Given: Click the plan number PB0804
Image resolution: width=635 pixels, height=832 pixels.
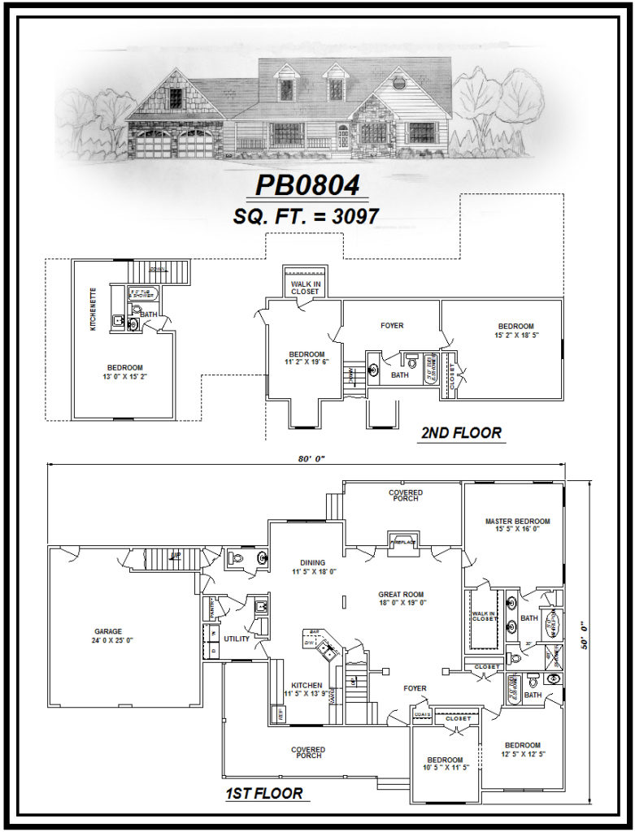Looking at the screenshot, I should point(307,185).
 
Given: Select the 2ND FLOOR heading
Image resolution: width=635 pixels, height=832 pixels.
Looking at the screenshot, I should point(460,432).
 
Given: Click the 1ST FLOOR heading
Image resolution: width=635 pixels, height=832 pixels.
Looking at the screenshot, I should point(263,793).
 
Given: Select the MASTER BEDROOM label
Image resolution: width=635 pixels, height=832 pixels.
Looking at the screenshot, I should point(517,526).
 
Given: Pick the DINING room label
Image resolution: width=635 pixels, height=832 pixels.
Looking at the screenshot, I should point(312,566).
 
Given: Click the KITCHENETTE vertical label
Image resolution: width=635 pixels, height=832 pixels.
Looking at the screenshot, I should point(94,309).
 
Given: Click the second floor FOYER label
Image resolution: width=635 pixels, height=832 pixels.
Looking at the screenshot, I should point(392,326).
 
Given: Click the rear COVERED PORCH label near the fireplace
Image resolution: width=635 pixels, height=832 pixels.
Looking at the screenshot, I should point(405,495).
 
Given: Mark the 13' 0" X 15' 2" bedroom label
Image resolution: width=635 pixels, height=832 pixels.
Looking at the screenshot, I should point(124,371).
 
